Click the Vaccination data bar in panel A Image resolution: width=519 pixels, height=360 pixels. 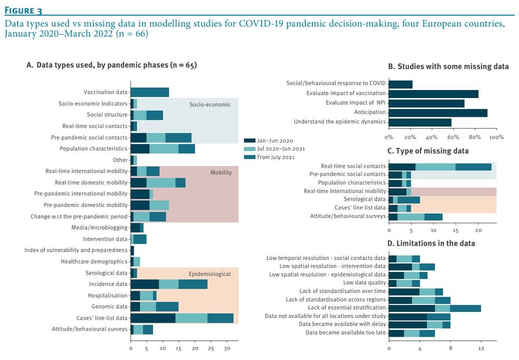pyautogui.click(x=149, y=92)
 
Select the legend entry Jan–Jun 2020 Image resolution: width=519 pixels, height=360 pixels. pyautogui.click(x=275, y=141)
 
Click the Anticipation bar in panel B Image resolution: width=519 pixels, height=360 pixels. pyautogui.click(x=438, y=112)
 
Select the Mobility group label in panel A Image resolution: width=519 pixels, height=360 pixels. pyautogui.click(x=221, y=172)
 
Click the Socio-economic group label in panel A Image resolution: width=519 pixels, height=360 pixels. pyautogui.click(x=210, y=104)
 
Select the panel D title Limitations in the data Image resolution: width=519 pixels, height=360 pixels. pyautogui.click(x=435, y=243)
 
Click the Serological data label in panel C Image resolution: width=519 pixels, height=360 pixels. pyautogui.click(x=365, y=199)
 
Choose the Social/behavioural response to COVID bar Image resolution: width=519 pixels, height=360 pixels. pyautogui.click(x=400, y=84)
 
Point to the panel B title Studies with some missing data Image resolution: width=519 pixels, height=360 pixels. pyautogui.click(x=448, y=66)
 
